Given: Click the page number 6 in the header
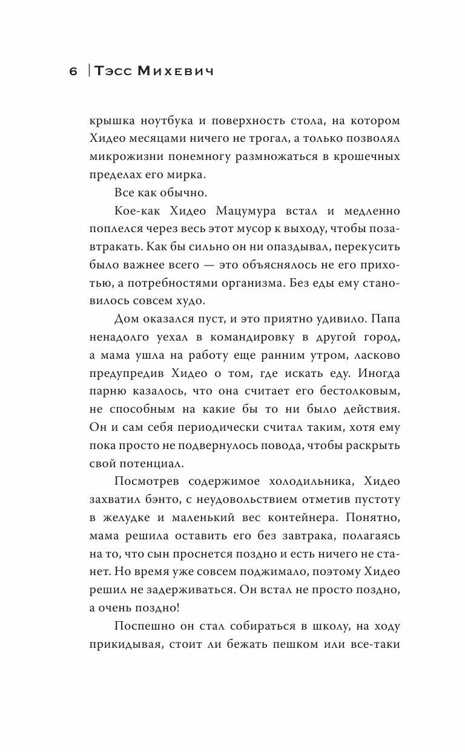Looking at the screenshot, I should [73, 72].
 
